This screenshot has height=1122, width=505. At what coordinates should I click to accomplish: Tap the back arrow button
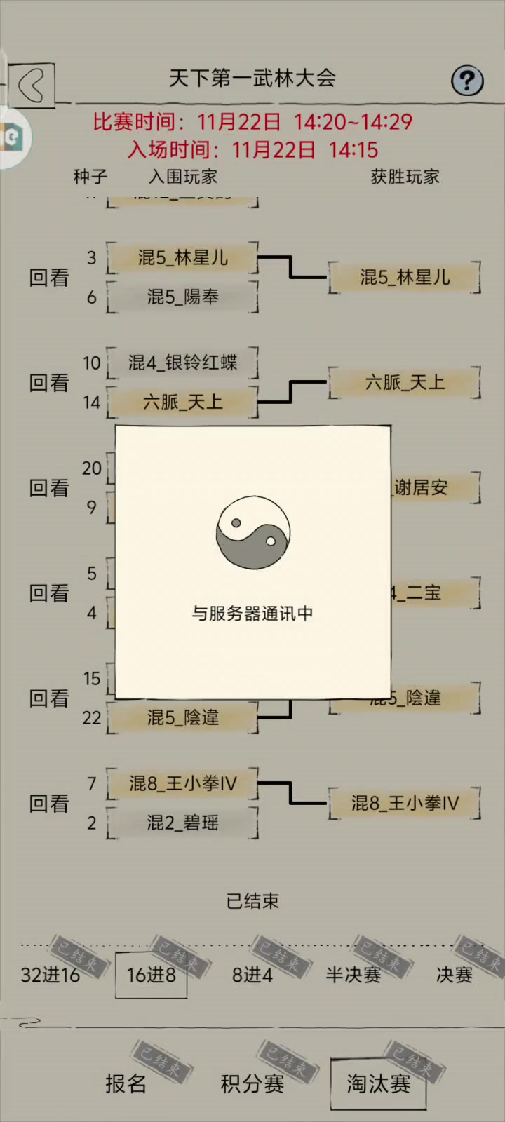pyautogui.click(x=32, y=86)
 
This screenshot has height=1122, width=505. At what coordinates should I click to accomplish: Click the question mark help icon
pyautogui.click(x=466, y=81)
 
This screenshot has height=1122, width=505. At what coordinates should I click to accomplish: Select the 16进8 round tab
pyautogui.click(x=151, y=975)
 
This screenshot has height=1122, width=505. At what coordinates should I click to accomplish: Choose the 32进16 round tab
pyautogui.click(x=50, y=975)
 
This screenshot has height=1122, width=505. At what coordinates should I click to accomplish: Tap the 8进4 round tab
pyautogui.click(x=252, y=975)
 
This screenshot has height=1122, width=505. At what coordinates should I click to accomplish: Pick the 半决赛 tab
pyautogui.click(x=353, y=975)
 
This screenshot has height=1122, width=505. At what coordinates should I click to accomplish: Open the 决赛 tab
pyautogui.click(x=454, y=975)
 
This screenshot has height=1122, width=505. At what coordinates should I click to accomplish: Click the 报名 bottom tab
pyautogui.click(x=126, y=1083)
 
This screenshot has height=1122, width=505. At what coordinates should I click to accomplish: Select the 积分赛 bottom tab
pyautogui.click(x=252, y=1083)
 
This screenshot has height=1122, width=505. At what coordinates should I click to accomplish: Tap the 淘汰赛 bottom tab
pyautogui.click(x=378, y=1083)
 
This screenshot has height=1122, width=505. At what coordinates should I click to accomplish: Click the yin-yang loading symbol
pyautogui.click(x=252, y=533)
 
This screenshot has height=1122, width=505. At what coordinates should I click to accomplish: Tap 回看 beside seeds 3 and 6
pyautogui.click(x=49, y=278)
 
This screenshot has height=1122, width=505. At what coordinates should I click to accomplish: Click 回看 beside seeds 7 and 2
pyautogui.click(x=49, y=804)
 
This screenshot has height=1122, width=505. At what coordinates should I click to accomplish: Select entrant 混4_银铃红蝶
pyautogui.click(x=182, y=363)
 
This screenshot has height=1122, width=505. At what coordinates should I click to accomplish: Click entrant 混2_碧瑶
pyautogui.click(x=182, y=823)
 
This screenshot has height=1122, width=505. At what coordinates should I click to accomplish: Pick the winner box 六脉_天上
pyautogui.click(x=405, y=383)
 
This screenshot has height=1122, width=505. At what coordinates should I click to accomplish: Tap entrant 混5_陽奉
pyautogui.click(x=182, y=297)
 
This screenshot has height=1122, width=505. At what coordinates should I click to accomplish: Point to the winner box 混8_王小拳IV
pyautogui.click(x=405, y=803)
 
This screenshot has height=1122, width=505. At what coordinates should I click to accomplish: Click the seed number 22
pyautogui.click(x=92, y=717)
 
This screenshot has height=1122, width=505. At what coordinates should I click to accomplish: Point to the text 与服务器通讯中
pyautogui.click(x=252, y=614)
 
